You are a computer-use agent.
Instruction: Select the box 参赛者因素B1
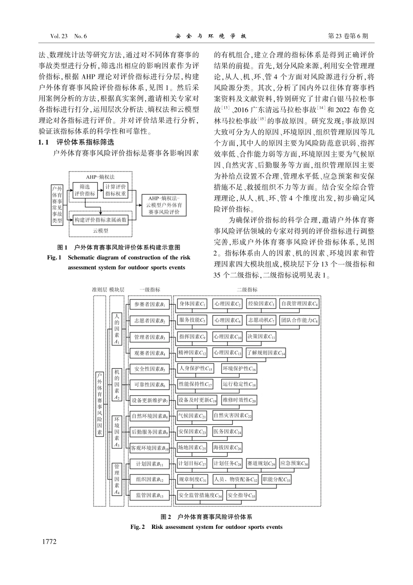[x=149, y=305]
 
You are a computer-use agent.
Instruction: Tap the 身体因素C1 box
[x=192, y=303]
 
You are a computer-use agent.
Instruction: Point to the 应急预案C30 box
[x=294, y=464]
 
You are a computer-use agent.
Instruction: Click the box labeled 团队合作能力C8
[x=299, y=320]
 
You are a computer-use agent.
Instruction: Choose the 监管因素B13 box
[x=149, y=495]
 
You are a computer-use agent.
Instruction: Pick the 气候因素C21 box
[x=192, y=416]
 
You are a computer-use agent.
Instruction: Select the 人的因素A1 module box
[x=116, y=329]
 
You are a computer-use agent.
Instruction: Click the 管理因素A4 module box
[x=116, y=478]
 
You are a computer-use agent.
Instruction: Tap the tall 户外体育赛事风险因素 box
[x=100, y=403]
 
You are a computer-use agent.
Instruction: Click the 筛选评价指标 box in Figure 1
[x=84, y=190]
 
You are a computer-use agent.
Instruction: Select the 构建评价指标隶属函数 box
[x=100, y=220]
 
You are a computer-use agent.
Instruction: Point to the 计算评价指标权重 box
[x=116, y=190]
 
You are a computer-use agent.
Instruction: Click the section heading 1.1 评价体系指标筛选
[x=76, y=142]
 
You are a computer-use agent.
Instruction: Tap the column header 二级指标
[x=246, y=290]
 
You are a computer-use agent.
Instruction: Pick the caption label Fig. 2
[x=137, y=527]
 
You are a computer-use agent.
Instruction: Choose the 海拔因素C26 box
[x=227, y=447]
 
